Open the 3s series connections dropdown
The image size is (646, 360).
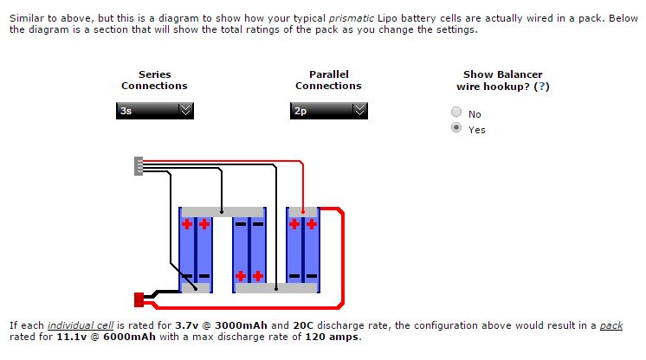point(154,111)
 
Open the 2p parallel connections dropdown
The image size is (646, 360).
point(329,111)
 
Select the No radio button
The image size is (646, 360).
point(456,112)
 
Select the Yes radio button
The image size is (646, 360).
point(456,128)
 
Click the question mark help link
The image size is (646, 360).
point(542,87)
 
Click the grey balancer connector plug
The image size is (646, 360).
point(139,166)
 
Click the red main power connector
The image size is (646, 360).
point(139,300)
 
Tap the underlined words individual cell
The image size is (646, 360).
point(81,325)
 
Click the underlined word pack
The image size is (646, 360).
point(611,325)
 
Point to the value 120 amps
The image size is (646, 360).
point(332,337)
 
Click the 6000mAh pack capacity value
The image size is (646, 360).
point(129,337)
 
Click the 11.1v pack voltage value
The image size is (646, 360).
point(71,337)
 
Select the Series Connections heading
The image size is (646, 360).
point(154,80)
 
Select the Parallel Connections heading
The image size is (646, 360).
point(328,80)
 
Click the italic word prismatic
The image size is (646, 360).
point(352,19)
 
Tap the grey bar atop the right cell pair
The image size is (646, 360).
point(303,212)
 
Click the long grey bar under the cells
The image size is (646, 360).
point(276,288)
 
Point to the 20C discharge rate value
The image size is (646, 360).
point(303,325)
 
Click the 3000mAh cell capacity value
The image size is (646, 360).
point(241,325)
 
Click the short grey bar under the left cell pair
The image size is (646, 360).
point(196,288)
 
